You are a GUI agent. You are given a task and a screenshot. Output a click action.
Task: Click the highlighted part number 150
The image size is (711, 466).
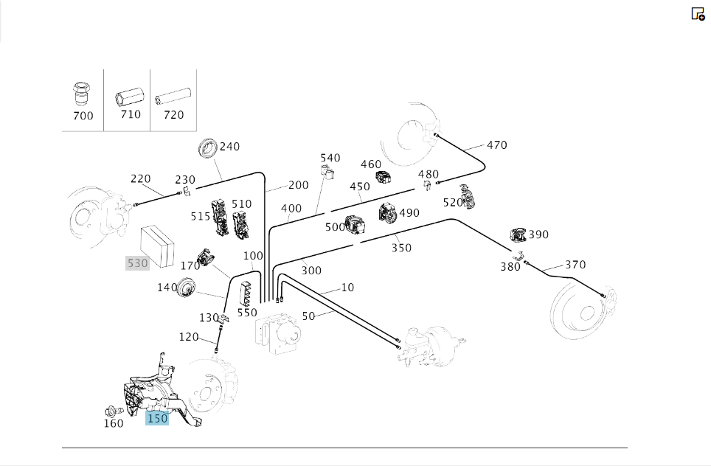click(x=157, y=419)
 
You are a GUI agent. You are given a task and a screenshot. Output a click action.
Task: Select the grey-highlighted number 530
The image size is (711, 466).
click(x=138, y=262)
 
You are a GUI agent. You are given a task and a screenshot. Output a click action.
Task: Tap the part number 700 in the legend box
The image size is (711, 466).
click(x=83, y=116)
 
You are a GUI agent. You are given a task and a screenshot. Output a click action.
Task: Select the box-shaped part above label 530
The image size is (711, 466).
click(x=155, y=240)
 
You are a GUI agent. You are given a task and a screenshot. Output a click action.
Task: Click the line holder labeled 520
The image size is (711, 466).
click(x=467, y=196)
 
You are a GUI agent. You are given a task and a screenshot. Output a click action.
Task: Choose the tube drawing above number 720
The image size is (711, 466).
click(x=173, y=97)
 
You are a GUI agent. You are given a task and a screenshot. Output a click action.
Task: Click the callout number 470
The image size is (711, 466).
click(x=497, y=145)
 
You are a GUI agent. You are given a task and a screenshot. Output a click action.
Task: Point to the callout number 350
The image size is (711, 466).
click(x=401, y=248)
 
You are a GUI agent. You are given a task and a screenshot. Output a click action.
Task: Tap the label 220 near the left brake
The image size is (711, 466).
click(x=141, y=178)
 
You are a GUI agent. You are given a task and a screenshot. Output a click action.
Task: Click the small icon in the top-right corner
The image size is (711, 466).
click(x=698, y=14)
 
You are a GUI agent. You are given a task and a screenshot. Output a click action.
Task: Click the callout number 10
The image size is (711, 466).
click(x=347, y=287)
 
